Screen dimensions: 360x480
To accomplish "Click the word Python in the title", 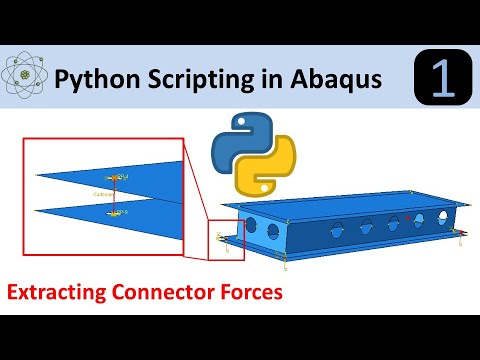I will click(94, 76).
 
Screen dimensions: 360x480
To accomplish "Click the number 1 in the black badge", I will click(442, 77).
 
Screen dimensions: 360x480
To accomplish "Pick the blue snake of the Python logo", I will click(237, 145).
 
